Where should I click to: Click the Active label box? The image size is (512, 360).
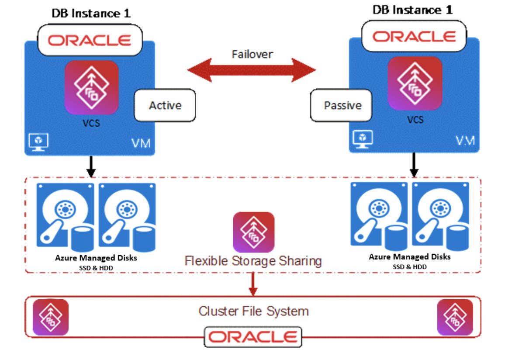165,105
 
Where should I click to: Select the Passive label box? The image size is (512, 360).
342,105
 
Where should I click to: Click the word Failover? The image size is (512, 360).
252,54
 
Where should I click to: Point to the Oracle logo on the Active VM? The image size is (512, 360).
90,40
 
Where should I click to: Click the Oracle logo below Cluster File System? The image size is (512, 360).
253,337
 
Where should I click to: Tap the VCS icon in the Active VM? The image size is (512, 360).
91,87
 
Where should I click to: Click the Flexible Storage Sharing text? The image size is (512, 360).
253,261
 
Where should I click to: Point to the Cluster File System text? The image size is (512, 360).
253,311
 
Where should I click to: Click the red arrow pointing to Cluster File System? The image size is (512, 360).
253,284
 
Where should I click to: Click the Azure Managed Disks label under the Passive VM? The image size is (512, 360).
409,257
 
